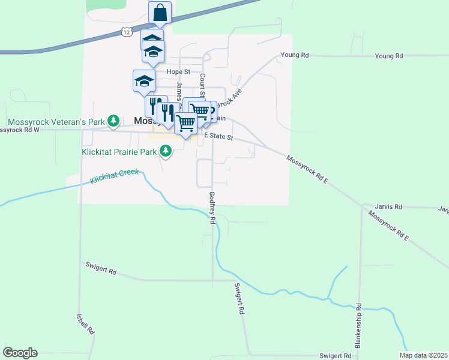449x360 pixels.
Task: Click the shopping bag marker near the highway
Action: [x=160, y=12]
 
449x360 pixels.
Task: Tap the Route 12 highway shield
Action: [x=125, y=32]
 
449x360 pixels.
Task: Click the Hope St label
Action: [x=178, y=71]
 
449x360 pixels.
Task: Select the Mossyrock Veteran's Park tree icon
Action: [x=113, y=121]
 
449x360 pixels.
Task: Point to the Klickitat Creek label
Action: [x=115, y=176]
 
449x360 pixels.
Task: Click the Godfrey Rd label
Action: [x=212, y=208]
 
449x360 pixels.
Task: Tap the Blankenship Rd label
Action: [x=358, y=325]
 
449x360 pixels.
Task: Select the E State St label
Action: [x=218, y=137]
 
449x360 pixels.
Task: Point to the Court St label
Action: [x=203, y=85]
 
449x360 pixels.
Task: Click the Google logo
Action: [x=20, y=353]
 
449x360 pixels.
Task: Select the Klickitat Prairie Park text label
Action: [x=118, y=152]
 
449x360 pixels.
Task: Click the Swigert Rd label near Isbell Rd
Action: [x=101, y=268]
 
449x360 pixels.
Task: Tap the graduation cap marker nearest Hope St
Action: [x=144, y=80]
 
